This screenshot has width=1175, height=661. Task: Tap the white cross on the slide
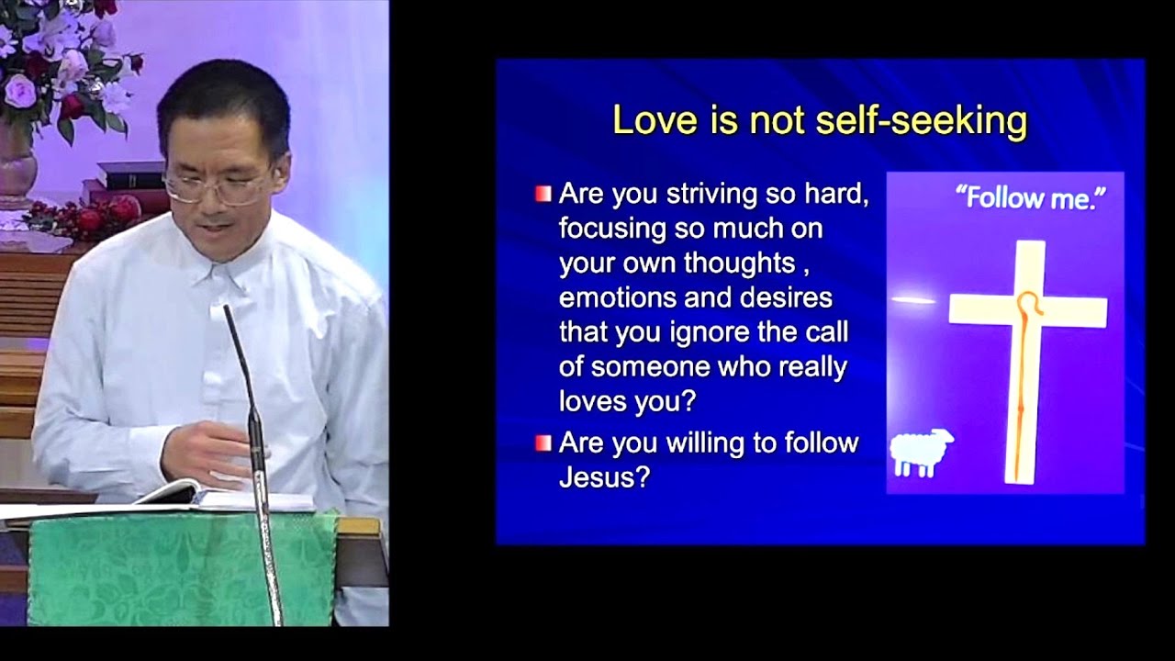point(1028,312)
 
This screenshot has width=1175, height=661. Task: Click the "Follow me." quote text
point(1027,198)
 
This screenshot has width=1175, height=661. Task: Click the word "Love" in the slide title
point(647,121)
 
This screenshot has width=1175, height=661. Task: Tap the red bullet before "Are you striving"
point(543,194)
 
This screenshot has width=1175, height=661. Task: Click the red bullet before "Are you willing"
point(543,443)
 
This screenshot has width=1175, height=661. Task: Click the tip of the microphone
point(227,309)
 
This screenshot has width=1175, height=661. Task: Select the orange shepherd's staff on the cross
point(1021,386)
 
